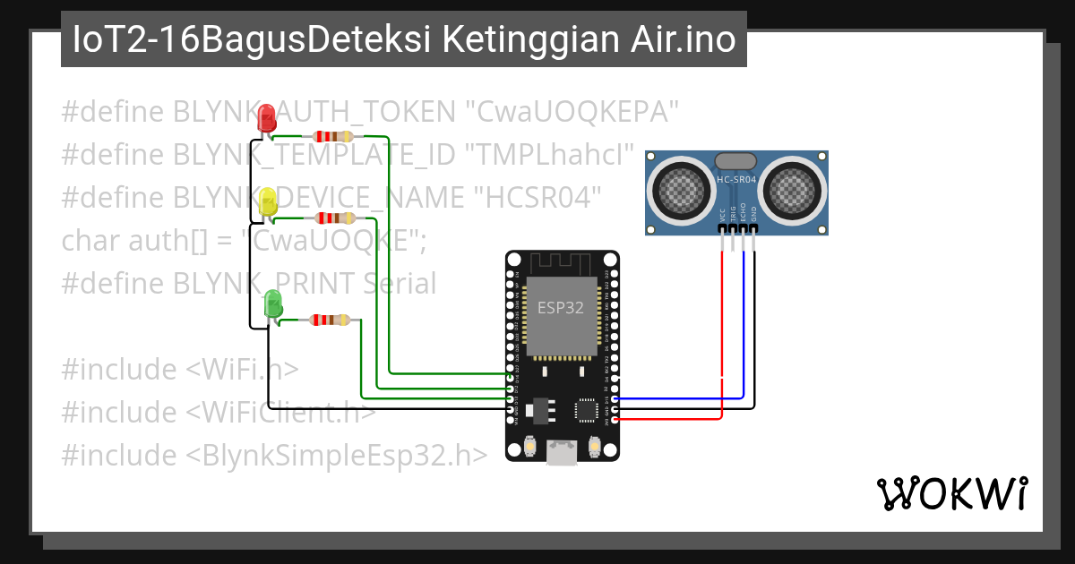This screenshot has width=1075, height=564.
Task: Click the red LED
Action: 266,119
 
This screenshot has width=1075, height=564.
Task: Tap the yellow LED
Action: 268,202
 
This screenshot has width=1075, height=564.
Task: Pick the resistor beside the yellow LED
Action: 332,218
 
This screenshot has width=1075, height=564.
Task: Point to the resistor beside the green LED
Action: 330,320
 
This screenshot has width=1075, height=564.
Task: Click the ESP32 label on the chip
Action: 561,307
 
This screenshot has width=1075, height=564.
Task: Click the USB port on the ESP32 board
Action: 562,452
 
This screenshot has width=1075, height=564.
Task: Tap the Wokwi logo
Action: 951,493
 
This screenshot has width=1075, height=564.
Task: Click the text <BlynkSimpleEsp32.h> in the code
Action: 337,455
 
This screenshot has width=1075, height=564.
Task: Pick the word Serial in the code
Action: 400,284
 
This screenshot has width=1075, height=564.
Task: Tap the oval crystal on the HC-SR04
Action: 736,160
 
